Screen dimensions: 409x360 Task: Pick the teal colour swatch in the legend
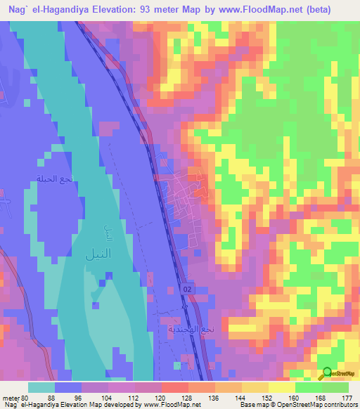pyautogui.click(x=41, y=387)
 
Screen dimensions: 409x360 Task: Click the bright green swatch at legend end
pyautogui.click(x=335, y=387)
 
